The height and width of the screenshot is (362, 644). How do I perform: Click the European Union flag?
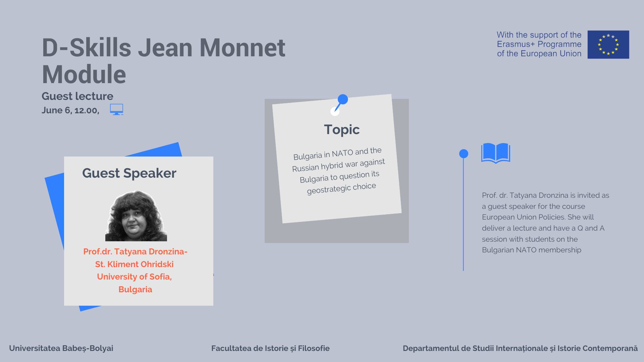pos(608,45)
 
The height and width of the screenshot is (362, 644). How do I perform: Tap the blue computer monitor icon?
pos(117,109)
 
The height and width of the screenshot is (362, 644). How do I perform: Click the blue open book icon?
pos(496,153)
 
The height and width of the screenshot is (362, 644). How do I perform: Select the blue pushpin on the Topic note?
pos(339,104)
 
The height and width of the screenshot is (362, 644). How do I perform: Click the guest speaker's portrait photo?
pos(136,216)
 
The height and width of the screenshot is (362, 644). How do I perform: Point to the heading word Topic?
pos(342,130)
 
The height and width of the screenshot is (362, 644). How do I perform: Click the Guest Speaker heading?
pos(129,173)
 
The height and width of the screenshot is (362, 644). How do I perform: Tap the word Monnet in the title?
pos(243,48)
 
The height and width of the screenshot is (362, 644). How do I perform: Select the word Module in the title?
pos(84,74)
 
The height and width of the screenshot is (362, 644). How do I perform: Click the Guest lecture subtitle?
pos(77,96)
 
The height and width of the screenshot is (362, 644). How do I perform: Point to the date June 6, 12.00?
pos(70,110)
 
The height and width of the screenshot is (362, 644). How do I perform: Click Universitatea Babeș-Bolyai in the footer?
pos(61,348)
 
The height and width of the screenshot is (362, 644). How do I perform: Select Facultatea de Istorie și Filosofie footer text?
pos(270,348)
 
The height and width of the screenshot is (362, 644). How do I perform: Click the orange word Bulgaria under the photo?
pos(135,289)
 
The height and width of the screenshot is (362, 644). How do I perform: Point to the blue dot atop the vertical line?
pos(464,154)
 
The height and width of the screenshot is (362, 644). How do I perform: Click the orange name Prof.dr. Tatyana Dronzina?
pos(135,251)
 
